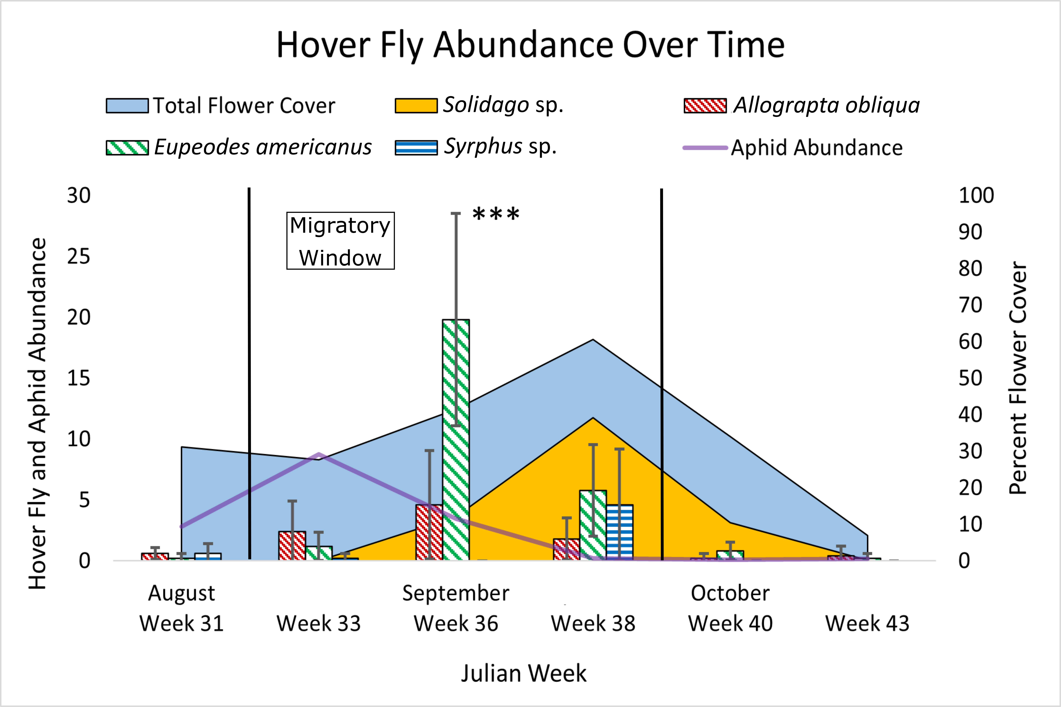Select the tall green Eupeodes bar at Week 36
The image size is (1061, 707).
point(456,440)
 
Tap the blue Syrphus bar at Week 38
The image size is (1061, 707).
point(620,532)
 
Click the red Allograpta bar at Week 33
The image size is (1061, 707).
point(292,546)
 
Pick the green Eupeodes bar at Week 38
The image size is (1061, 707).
point(593,525)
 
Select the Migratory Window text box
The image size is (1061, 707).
point(341,241)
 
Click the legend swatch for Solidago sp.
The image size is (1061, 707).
point(416,105)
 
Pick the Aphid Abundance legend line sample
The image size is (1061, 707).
point(705,148)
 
